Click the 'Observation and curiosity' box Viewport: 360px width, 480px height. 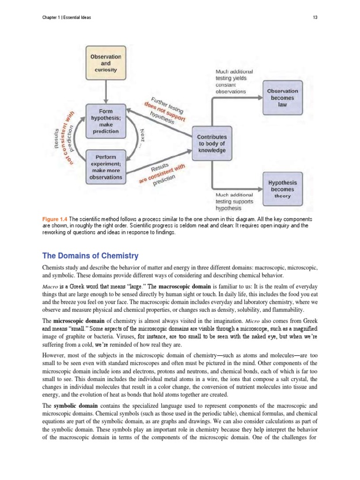click(105, 63)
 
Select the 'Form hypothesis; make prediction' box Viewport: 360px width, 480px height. click(105, 121)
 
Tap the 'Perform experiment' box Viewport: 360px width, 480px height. click(105, 166)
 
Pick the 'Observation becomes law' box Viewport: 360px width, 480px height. click(282, 98)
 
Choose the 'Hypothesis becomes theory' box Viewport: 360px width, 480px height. click(282, 189)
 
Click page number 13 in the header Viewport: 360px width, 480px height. click(315, 18)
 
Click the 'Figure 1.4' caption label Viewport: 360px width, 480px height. click(55, 219)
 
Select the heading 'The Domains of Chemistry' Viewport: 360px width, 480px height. click(90, 255)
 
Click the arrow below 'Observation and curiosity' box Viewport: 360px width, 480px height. click(105, 89)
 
